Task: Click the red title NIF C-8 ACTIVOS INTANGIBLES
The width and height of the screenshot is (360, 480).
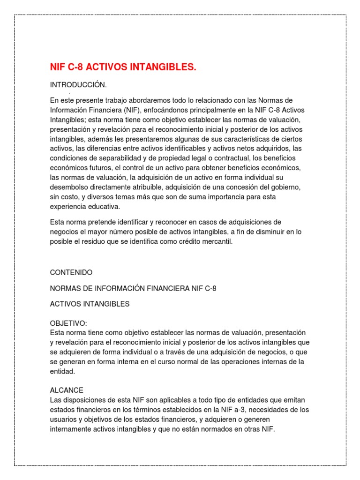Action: [x=123, y=68]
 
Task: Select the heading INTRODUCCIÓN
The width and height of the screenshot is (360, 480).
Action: [x=78, y=85]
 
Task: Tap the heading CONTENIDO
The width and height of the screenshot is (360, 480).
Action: [x=71, y=272]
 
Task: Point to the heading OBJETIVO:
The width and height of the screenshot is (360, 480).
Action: [x=68, y=323]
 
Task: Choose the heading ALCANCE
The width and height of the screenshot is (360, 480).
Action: [x=67, y=390]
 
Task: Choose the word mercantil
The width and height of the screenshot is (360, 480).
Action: [x=215, y=241]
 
